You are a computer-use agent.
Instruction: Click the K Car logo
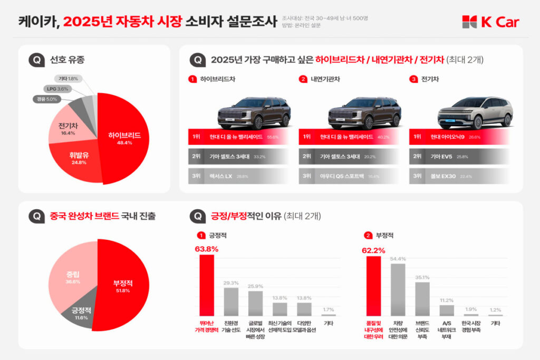click(490, 22)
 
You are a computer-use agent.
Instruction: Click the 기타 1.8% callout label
click(68, 79)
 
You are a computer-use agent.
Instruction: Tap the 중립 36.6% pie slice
click(71, 277)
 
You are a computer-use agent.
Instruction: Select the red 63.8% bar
click(207, 285)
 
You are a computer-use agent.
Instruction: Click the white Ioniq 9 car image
click(475, 112)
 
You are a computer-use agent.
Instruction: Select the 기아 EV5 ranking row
click(459, 157)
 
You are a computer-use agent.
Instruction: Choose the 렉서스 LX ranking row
click(238, 176)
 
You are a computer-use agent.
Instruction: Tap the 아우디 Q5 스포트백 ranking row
click(349, 176)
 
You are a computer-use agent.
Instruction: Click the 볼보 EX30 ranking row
click(459, 176)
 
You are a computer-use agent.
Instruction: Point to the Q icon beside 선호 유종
click(35, 60)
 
